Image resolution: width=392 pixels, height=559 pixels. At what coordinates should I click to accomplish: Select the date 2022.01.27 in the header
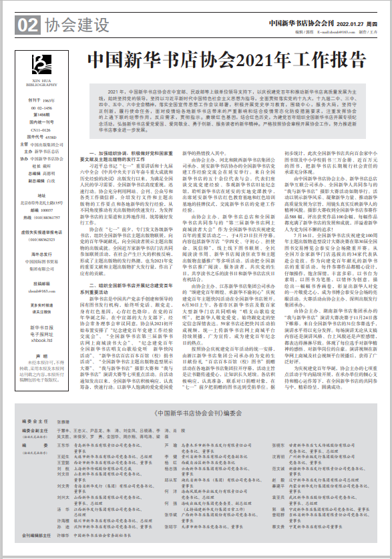coord(347,23)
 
